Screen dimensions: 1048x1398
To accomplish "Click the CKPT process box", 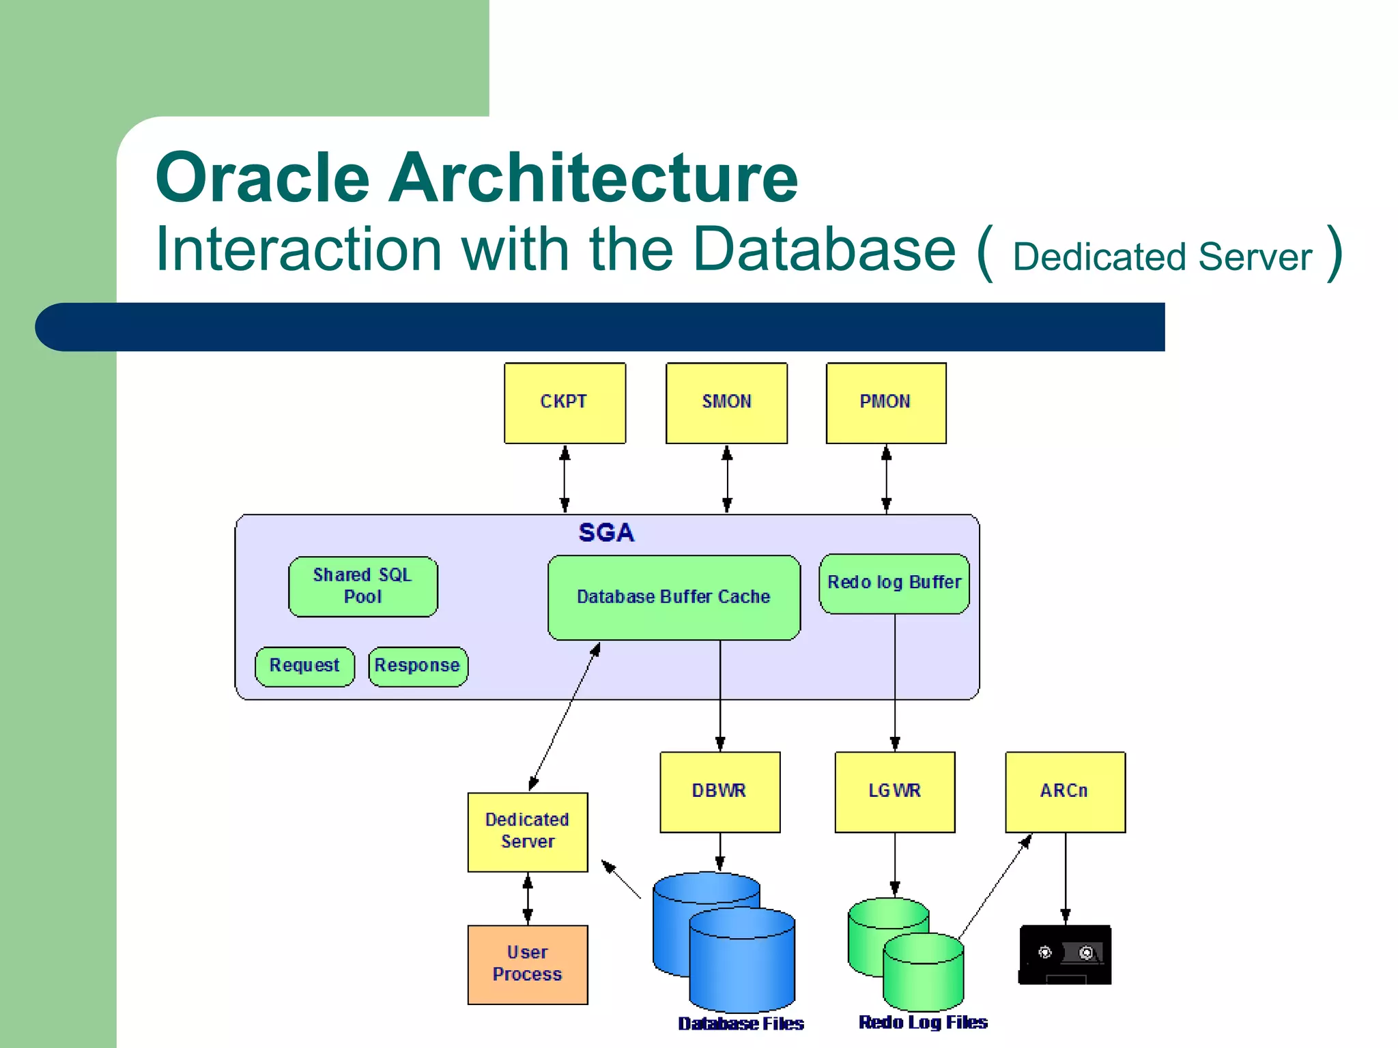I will click(565, 403).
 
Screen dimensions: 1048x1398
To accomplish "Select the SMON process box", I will click(726, 403).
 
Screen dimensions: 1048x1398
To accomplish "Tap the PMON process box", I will click(885, 403).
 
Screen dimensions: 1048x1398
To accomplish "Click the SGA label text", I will click(606, 532).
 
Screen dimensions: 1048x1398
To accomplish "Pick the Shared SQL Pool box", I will click(362, 586).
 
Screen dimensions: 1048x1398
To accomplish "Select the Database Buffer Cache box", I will click(673, 597).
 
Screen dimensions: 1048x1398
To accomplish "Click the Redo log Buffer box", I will click(894, 583).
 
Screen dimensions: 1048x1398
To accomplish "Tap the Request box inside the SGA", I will click(304, 666).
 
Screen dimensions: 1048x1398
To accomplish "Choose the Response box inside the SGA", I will click(418, 666).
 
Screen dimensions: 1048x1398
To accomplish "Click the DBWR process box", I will click(719, 791).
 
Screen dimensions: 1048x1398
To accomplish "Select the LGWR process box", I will click(894, 791).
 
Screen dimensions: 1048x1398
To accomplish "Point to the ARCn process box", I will click(1064, 791).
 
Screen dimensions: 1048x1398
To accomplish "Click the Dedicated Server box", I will click(527, 831).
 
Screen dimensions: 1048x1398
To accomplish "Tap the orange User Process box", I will click(527, 964).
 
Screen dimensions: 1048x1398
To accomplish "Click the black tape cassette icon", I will click(1064, 955).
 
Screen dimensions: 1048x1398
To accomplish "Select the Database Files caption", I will click(741, 1023).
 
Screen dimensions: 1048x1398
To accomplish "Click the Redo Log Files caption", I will click(923, 1022).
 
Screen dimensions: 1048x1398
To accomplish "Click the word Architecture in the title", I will click(593, 177).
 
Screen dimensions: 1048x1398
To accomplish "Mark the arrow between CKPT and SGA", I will click(565, 479).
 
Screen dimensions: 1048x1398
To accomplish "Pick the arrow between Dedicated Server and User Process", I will click(527, 899).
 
